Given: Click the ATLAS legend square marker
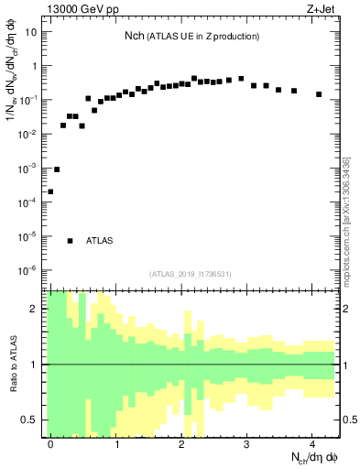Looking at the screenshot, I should (x=70, y=241).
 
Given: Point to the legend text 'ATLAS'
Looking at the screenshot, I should (x=100, y=241).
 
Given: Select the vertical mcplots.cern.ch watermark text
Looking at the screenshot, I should (x=348, y=220).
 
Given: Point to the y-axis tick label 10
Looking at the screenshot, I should (x=31, y=32).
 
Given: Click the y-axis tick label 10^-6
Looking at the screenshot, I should (x=29, y=270).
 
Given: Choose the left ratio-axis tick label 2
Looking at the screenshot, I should (x=36, y=309).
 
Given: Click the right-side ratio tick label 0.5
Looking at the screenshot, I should (x=349, y=420).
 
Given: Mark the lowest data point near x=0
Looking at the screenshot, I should (x=50, y=191).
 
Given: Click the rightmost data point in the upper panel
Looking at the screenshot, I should (x=319, y=94).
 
